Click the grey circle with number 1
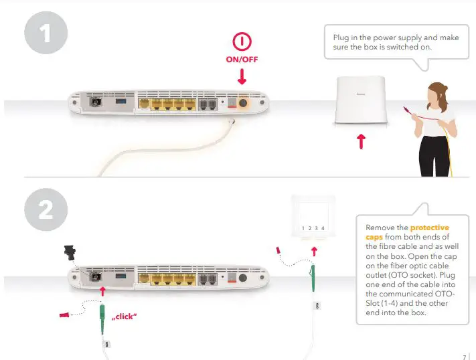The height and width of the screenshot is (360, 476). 46,33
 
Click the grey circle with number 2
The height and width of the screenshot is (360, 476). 46,210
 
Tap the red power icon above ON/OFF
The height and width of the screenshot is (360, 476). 241,42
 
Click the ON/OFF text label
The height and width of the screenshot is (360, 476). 241,60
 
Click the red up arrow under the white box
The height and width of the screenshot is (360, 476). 361,141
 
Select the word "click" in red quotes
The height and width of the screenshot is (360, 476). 124,315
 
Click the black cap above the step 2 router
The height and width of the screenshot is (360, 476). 68,252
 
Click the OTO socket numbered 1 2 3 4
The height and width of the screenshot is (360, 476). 313,219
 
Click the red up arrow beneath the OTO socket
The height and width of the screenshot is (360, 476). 313,252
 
